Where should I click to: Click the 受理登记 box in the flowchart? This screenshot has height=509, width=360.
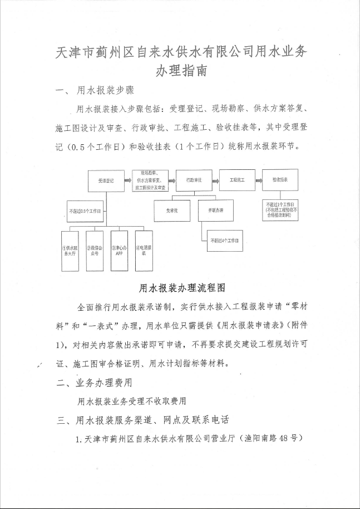click(x=106, y=181)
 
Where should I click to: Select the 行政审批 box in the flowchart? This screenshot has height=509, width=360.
click(x=193, y=181)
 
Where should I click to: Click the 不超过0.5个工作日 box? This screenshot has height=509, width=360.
click(x=85, y=211)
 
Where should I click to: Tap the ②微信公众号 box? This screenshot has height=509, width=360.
click(x=95, y=251)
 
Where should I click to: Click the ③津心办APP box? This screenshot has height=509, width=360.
click(x=119, y=251)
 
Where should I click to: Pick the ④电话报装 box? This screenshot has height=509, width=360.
click(x=144, y=251)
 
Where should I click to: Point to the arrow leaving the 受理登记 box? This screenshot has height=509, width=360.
click(x=127, y=181)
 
